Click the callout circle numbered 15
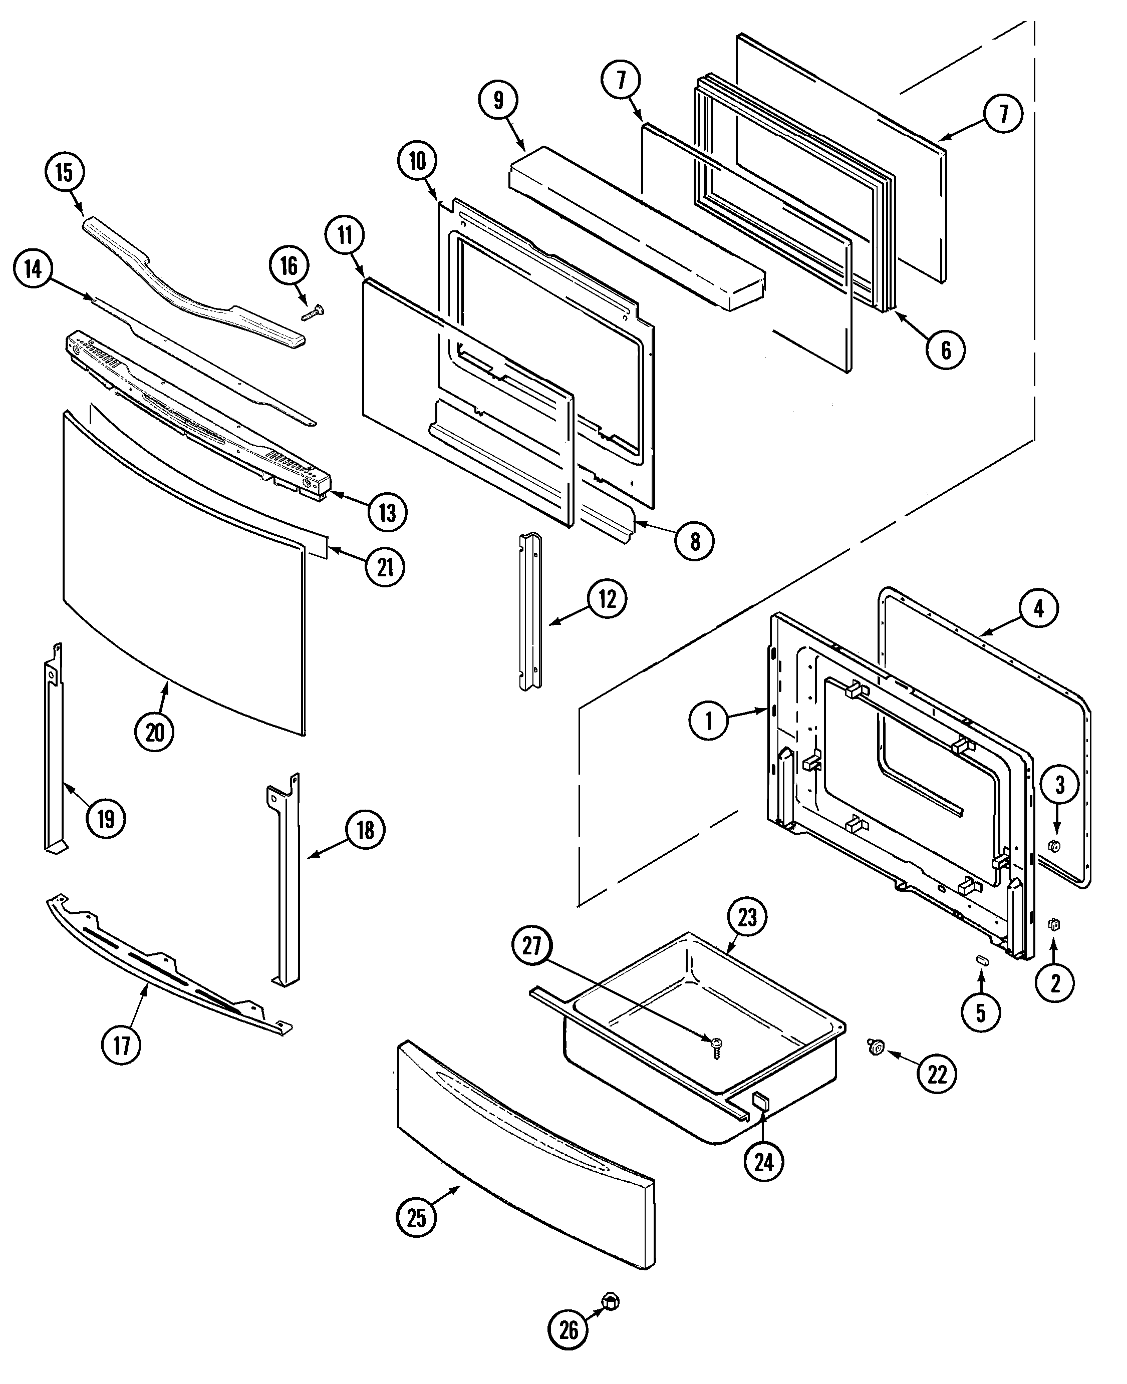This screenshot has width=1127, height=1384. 64,173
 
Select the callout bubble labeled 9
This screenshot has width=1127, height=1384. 498,101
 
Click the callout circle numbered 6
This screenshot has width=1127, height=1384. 945,351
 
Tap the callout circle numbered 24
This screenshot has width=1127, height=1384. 763,1162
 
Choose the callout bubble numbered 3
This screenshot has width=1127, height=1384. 1059,785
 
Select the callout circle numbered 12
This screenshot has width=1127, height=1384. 607,599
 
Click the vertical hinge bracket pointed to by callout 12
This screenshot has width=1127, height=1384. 530,612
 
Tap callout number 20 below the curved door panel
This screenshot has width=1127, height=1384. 154,733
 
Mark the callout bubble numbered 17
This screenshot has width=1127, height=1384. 121,1046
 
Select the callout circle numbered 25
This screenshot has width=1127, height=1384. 415,1217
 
